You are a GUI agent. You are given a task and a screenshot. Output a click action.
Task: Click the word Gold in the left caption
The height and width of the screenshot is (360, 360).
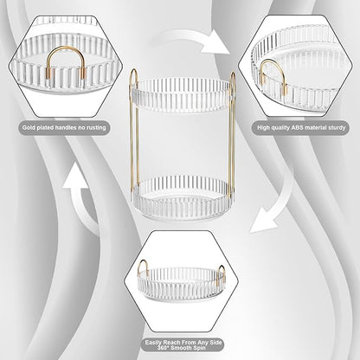click(29, 127)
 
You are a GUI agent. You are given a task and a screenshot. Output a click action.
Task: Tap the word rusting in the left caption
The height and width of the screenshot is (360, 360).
click(96, 127)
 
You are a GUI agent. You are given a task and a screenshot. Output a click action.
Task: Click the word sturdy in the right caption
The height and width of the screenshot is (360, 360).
click(337, 127)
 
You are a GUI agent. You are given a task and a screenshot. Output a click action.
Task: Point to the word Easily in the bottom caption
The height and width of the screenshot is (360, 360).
click(153, 343)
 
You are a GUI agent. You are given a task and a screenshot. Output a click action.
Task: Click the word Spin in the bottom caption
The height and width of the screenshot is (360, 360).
click(200, 348)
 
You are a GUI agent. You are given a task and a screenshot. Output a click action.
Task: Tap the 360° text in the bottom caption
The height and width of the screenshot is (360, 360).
click(164, 348)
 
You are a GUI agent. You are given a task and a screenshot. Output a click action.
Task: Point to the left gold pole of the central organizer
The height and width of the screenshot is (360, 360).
click(134, 132)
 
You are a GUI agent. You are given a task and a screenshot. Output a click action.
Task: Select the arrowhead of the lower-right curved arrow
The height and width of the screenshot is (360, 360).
click(263, 220)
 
